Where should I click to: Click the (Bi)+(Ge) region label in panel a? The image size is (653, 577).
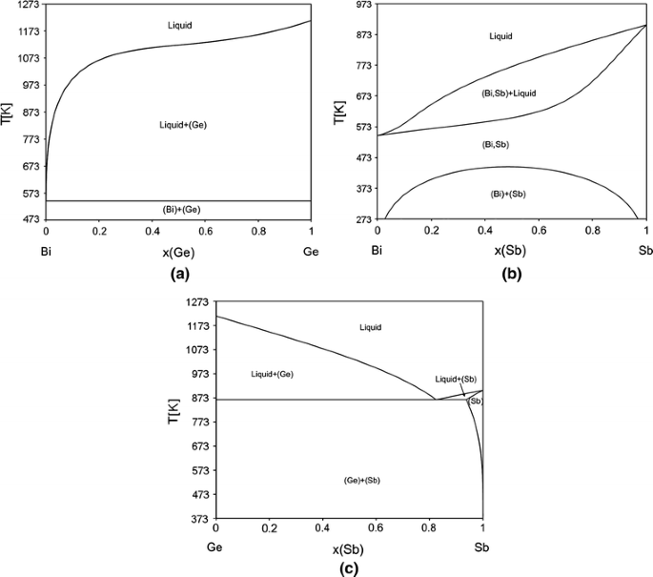tap(180, 208)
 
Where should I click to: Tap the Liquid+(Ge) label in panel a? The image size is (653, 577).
tap(182, 125)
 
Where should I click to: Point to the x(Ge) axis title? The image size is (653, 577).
tap(180, 252)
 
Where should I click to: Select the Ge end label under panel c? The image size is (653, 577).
tap(217, 549)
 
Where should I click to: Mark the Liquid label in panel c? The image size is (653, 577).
tap(371, 327)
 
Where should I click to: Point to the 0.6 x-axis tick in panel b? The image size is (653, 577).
tap(539, 231)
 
